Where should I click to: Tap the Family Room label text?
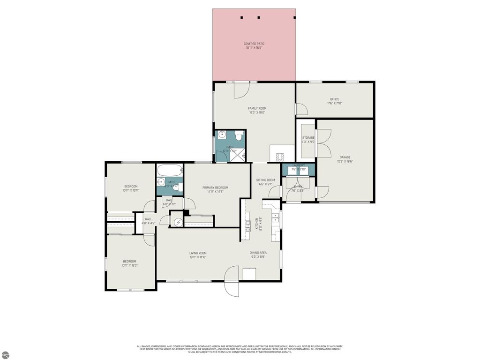[x=257, y=108]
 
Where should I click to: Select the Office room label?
[x=334, y=99]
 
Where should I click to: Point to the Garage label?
[x=345, y=157]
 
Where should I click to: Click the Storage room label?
[x=308, y=138]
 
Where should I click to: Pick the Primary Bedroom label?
[x=215, y=187]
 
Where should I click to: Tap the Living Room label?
[x=198, y=253]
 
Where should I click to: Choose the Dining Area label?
[x=258, y=253]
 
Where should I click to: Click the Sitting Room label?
[x=265, y=180]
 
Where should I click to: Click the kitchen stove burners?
[x=247, y=225]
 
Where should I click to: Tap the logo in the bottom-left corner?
[x=5, y=354]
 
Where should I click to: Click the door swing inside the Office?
[x=300, y=109]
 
